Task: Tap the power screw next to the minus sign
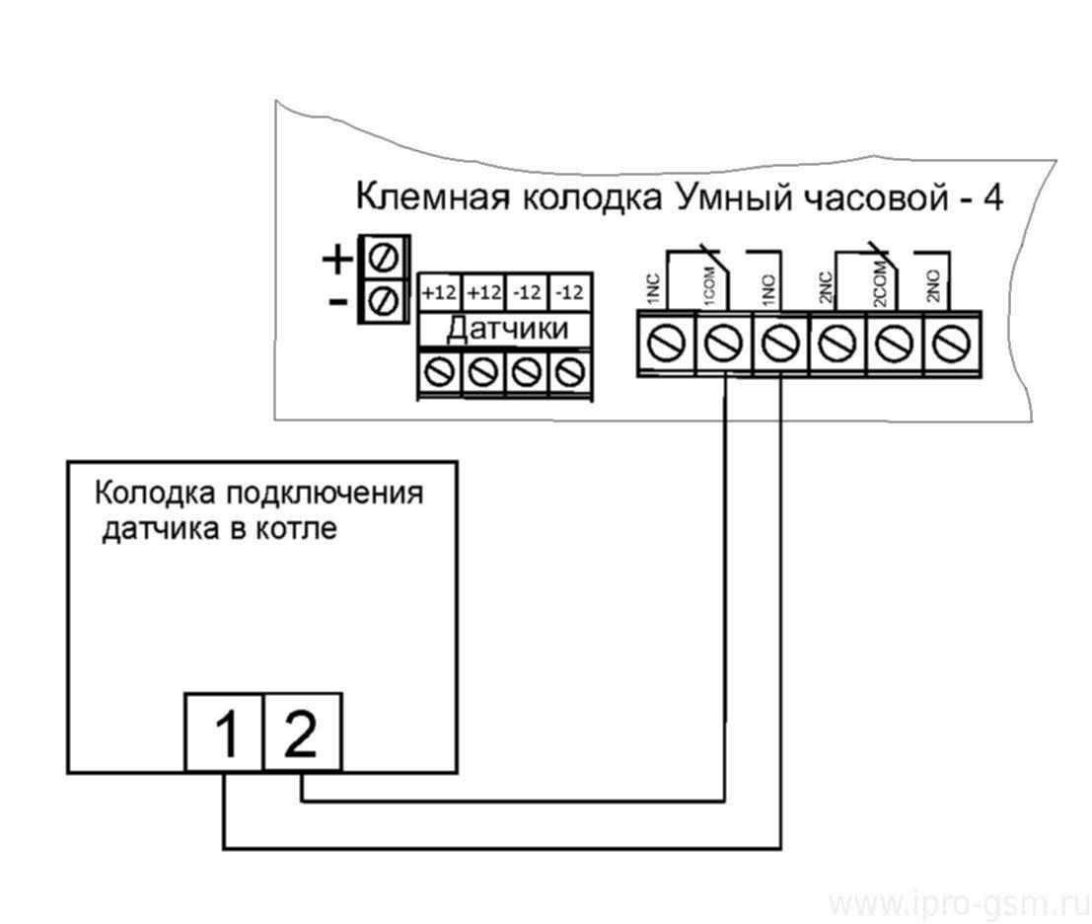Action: [x=384, y=301]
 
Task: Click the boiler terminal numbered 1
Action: [x=224, y=732]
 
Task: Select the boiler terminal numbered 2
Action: [x=303, y=732]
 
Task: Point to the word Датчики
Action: [x=506, y=328]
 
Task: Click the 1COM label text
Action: [x=709, y=284]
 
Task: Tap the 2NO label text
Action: [x=934, y=285]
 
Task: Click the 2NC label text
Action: [x=827, y=286]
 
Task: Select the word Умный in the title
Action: [x=734, y=197]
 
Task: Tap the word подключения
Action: [x=325, y=494]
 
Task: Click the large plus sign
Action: [x=337, y=260]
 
